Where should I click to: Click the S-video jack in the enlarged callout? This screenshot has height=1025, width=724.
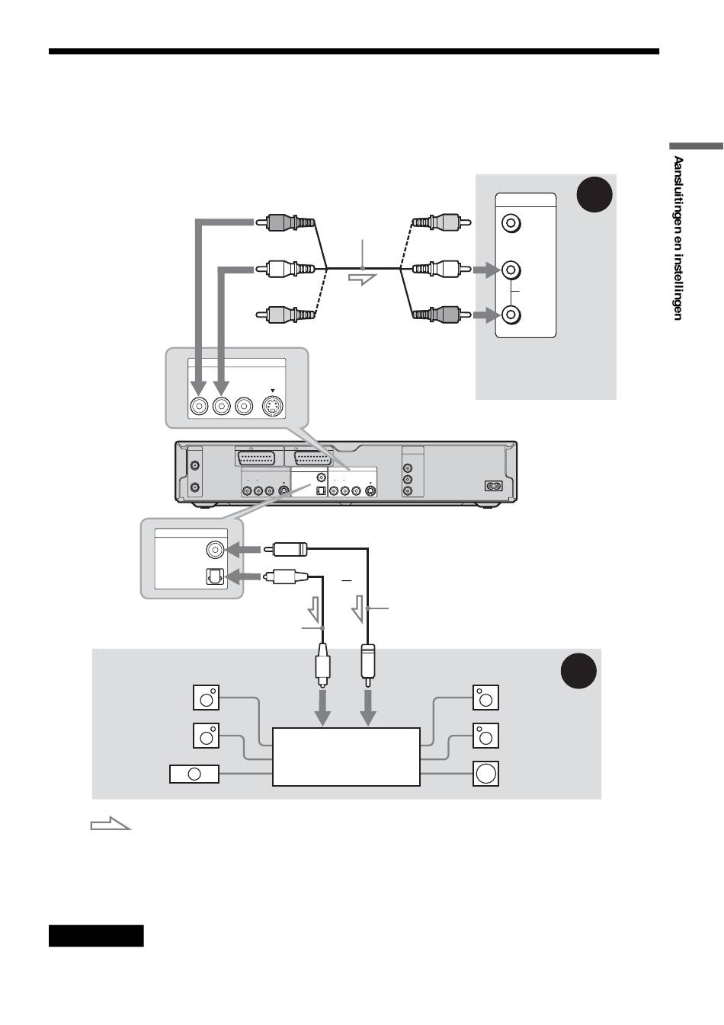(272, 407)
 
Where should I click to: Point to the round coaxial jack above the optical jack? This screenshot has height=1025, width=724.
(215, 549)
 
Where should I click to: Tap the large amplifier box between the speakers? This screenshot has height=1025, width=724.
(346, 756)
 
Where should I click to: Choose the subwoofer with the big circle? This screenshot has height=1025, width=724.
(485, 774)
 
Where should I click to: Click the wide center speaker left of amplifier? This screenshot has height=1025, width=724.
(194, 774)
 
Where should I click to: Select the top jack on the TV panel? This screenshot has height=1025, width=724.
(511, 224)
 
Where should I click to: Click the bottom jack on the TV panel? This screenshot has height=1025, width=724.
(511, 314)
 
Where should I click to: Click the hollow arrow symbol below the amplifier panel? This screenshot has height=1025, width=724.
(111, 824)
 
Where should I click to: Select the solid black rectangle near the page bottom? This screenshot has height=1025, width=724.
(96, 935)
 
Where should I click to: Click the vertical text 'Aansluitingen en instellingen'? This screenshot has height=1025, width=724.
(677, 238)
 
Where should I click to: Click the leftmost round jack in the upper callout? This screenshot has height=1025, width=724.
(199, 407)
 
